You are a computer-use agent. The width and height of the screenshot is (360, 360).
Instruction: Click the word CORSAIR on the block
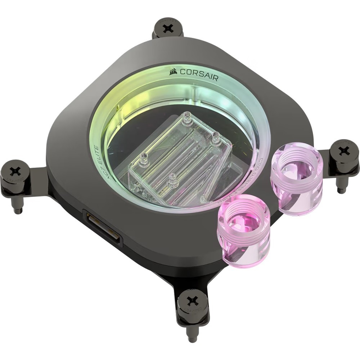[x=199, y=74]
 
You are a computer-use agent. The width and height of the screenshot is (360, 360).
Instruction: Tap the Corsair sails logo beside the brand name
[x=174, y=71]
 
